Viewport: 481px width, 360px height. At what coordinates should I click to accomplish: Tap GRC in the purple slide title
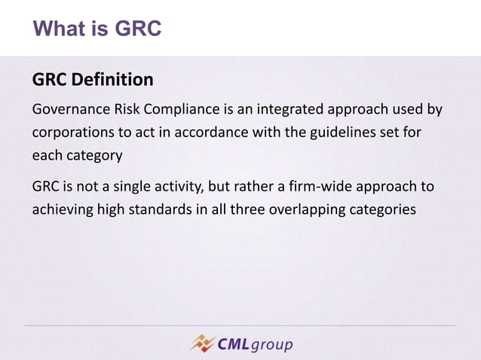coord(139,29)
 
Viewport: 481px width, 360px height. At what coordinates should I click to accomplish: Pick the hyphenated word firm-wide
coord(323,186)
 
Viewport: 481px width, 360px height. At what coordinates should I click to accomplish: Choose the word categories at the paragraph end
coord(382,209)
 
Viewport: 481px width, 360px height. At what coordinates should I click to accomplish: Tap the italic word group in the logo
coord(271,345)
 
